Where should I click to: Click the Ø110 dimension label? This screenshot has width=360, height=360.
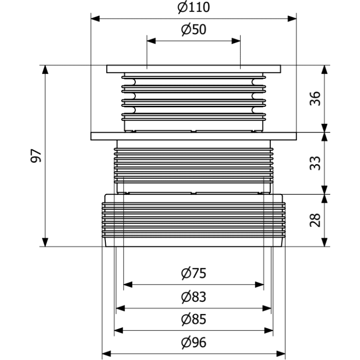(x=193, y=7)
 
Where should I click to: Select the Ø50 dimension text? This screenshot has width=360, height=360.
(x=193, y=29)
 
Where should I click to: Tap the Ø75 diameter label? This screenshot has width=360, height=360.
(x=193, y=273)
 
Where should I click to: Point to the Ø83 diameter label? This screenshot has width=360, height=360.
(x=193, y=297)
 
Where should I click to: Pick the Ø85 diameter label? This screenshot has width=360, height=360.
(x=193, y=319)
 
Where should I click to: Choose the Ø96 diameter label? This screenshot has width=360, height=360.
(x=193, y=342)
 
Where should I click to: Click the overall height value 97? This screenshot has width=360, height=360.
(x=36, y=156)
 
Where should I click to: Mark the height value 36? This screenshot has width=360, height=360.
(x=315, y=99)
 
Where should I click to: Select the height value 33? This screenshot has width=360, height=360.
(x=315, y=163)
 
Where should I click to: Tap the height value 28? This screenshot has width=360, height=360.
(x=315, y=220)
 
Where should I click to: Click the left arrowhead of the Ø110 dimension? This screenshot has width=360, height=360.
(x=96, y=19)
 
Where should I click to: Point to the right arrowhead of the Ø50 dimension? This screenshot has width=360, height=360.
(x=236, y=41)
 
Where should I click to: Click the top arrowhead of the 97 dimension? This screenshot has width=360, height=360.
(x=45, y=70)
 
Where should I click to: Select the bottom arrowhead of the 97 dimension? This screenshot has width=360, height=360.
(x=45, y=242)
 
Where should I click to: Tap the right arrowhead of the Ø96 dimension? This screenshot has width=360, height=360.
(x=281, y=354)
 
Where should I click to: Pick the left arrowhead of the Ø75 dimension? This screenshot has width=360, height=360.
(x=128, y=285)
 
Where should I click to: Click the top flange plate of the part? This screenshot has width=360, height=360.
(x=193, y=69)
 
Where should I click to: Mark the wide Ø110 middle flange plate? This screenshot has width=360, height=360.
(x=193, y=136)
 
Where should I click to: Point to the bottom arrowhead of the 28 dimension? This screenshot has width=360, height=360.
(x=324, y=242)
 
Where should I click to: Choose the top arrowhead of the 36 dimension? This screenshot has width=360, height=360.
(x=324, y=70)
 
